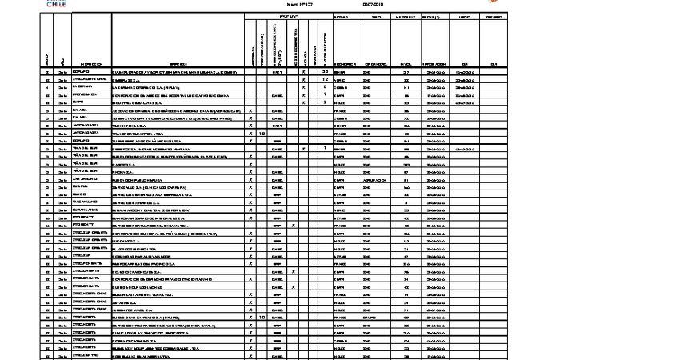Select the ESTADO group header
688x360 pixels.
[289, 16]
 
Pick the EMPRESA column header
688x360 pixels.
[178, 63]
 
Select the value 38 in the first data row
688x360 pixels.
[326, 72]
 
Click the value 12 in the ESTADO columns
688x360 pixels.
[326, 80]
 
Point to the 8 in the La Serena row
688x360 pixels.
[326, 87]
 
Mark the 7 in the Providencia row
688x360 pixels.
[326, 94]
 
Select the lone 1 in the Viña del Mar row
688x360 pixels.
[326, 148]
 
